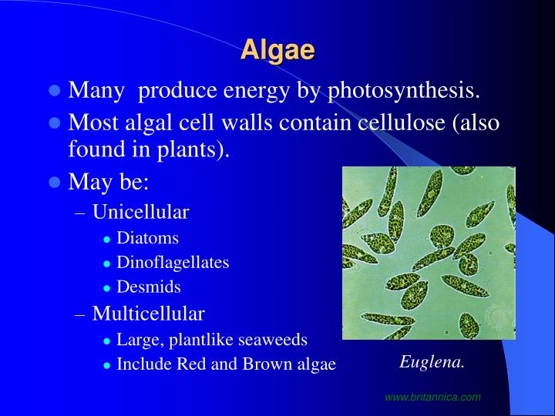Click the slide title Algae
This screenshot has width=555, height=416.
click(277, 50)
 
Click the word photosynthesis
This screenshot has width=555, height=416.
click(403, 91)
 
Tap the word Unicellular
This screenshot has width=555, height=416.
click(140, 212)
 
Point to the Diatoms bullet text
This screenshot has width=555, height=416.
click(147, 238)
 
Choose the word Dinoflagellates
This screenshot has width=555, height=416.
click(173, 263)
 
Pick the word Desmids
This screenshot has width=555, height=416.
click(148, 287)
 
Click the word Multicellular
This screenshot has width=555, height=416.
click(148, 314)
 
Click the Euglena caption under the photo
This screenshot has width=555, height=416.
click(432, 362)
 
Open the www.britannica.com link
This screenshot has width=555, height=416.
click(432, 397)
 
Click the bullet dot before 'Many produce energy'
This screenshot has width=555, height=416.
click(55, 91)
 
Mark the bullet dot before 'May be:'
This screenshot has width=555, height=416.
click(55, 183)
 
